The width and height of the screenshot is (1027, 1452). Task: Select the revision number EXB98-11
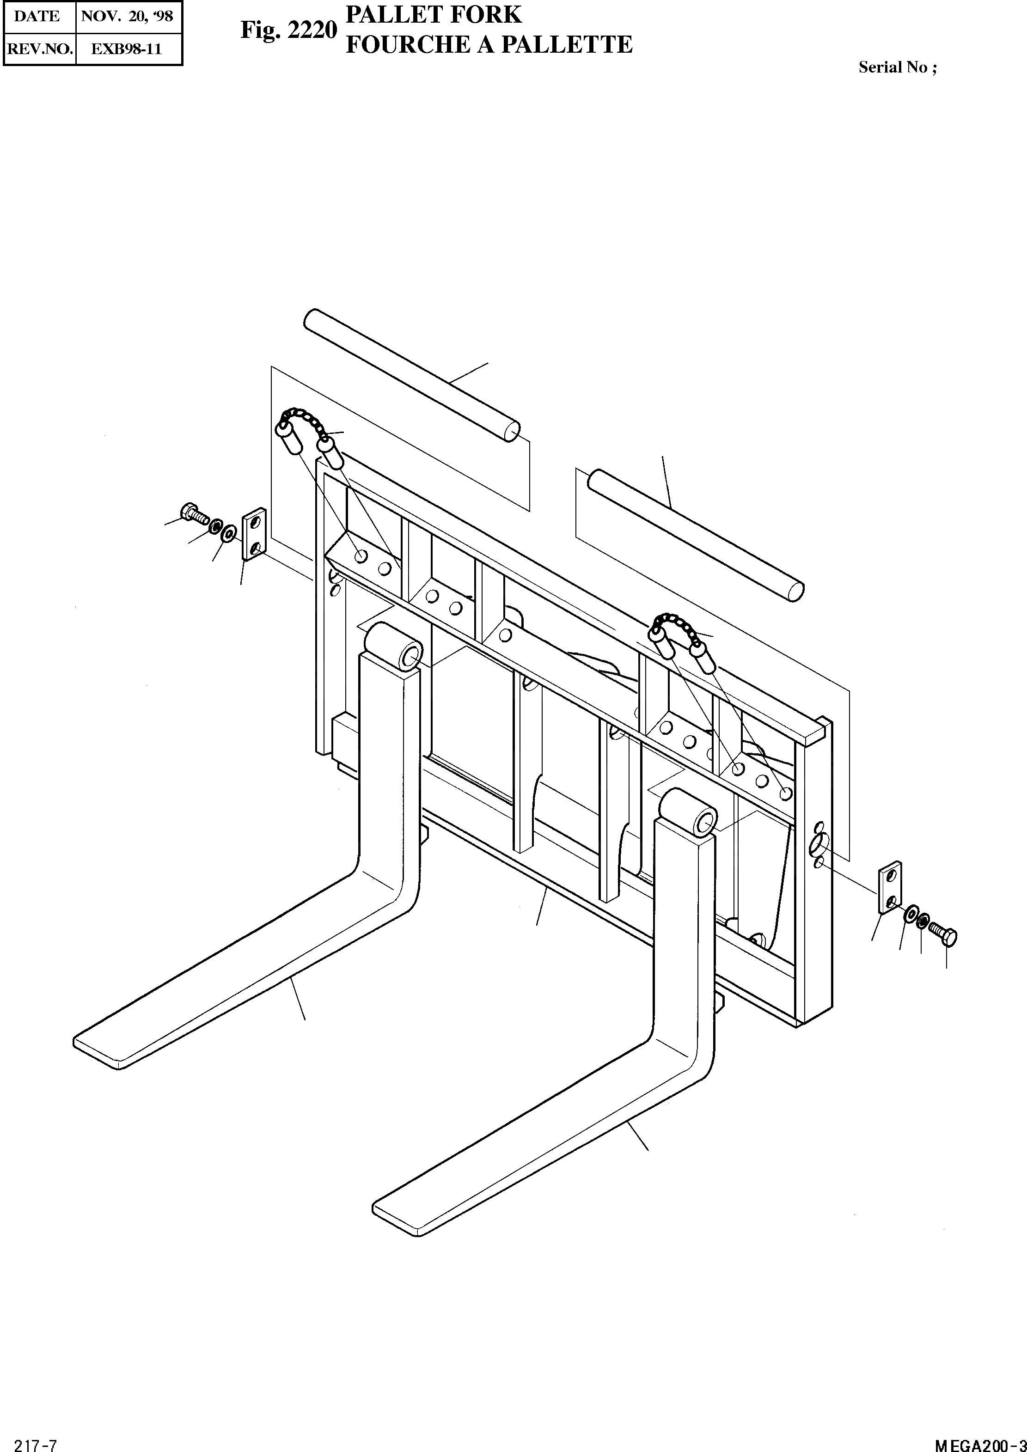click(127, 49)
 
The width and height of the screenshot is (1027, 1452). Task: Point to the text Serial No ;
click(898, 67)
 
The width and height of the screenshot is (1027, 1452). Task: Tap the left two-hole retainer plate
click(254, 534)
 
